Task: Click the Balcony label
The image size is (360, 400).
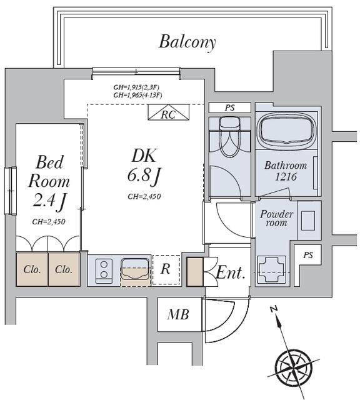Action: click(187, 42)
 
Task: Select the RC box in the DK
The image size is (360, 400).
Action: click(169, 112)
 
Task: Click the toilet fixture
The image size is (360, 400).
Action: click(229, 136)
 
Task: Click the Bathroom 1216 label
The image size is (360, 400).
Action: click(286, 171)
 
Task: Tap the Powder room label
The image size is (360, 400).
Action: click(276, 218)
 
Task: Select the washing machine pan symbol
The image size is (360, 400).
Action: click(271, 269)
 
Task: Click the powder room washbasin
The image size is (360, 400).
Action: click(308, 221)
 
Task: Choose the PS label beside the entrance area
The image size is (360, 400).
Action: click(308, 255)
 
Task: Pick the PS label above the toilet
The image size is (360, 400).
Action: click(229, 107)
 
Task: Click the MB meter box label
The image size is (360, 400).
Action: click(178, 314)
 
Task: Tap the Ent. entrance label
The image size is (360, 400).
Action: click(231, 272)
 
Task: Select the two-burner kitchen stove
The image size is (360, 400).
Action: click(104, 271)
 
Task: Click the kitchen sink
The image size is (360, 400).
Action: click(135, 269)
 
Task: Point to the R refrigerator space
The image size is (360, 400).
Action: click(166, 270)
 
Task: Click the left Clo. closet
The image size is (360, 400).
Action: click(32, 269)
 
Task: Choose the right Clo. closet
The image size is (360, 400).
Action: click(64, 269)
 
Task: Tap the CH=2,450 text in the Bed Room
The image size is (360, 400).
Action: click(49, 222)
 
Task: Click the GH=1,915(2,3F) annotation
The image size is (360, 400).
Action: click(136, 87)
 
